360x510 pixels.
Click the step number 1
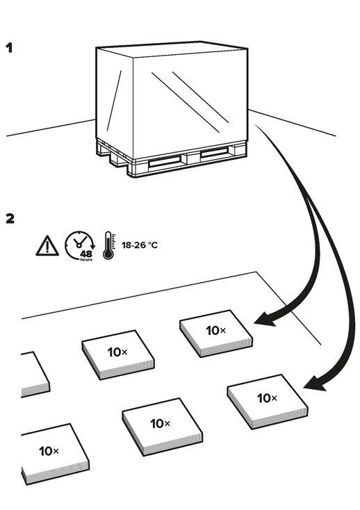pos(9,48)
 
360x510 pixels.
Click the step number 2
pos(10,219)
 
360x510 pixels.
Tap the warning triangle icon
pos(47,245)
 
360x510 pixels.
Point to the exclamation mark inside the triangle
pos(47,247)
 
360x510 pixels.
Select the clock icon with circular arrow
pos(80,245)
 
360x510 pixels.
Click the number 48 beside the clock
pos(86,254)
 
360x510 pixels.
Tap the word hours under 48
pos(86,260)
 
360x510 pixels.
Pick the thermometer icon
pos(109,245)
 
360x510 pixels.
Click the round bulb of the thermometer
pos(108,254)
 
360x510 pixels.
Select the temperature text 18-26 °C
pos(140,245)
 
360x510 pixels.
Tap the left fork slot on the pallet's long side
pos(164,161)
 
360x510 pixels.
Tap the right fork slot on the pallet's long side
pos(214,154)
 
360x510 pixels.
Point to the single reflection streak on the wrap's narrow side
pos(114,101)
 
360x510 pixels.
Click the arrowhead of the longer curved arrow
pos(315,383)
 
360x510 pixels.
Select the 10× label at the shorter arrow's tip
pos(216,331)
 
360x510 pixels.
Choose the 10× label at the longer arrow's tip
pos(267,398)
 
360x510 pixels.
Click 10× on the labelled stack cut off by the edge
pos(49,451)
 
